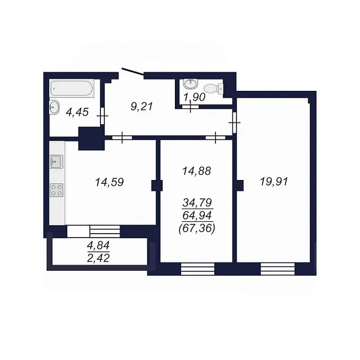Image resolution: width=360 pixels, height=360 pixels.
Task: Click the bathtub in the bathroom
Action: tap(72, 88)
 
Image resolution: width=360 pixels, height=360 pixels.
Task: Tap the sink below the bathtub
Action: tap(54, 107)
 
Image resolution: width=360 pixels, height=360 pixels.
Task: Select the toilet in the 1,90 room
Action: tap(213, 89)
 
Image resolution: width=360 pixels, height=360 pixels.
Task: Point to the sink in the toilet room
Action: tap(190, 84)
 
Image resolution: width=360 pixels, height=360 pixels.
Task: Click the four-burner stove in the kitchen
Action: tap(56, 190)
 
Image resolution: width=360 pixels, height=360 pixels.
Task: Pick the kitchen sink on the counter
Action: tap(56, 161)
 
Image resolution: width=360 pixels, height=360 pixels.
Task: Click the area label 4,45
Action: tap(77, 112)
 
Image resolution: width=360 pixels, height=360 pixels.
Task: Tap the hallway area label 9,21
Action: tap(142, 107)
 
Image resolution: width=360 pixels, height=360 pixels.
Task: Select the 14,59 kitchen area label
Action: tap(109, 182)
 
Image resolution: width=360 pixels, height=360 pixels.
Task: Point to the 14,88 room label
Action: tap(196, 171)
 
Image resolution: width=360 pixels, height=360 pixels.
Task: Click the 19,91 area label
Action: tap(274, 182)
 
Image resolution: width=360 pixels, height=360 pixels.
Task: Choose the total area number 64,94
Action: tap(197, 216)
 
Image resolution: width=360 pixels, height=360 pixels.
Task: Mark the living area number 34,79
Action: tap(197, 203)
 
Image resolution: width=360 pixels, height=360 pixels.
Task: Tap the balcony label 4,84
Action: tap(98, 245)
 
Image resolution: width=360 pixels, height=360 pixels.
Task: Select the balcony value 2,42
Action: tap(98, 258)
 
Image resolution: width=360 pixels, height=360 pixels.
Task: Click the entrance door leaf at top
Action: tap(133, 71)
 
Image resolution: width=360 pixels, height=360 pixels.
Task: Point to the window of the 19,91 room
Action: tap(278, 269)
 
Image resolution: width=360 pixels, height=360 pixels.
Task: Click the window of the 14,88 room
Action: tap(197, 269)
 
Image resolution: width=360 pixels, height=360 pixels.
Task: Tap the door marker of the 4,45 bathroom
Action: tap(102, 116)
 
